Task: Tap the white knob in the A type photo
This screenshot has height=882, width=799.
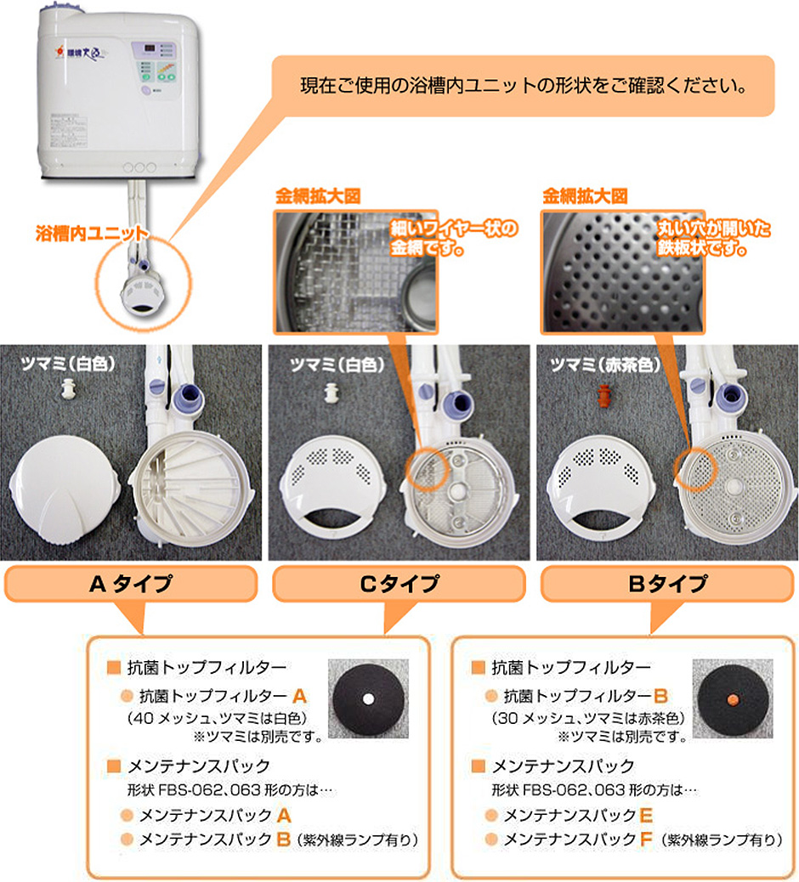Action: [x=68, y=388]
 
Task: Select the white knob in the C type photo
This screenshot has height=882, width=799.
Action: [x=331, y=393]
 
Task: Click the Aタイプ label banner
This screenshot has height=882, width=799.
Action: [x=131, y=584]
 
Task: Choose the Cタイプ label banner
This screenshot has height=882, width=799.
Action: [x=399, y=584]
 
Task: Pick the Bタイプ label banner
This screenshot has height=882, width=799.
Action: [x=667, y=584]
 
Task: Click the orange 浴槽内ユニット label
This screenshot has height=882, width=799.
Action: [x=91, y=233]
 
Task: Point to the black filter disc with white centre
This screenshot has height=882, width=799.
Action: [x=368, y=698]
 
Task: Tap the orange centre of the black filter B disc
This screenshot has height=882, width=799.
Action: [x=733, y=698]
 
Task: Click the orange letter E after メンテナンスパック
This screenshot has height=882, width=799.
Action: [x=646, y=815]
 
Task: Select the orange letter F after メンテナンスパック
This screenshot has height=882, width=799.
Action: [x=646, y=840]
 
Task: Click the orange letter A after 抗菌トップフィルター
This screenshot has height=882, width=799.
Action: [x=299, y=697]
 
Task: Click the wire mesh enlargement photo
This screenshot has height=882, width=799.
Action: [x=355, y=272]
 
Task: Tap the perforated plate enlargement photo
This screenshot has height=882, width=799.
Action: [x=623, y=272]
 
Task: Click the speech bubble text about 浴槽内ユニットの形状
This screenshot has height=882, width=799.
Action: [x=524, y=86]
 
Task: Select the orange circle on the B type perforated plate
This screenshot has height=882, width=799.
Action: [x=695, y=468]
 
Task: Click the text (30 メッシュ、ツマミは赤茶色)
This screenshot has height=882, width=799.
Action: [x=588, y=718]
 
